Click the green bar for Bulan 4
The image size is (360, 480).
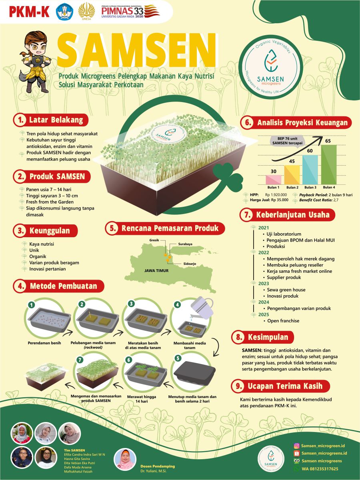coord(329,164)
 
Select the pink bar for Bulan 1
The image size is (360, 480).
coord(274,180)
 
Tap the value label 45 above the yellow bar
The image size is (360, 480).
coord(292,161)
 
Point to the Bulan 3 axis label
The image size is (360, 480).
coord(310,188)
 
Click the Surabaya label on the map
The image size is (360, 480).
coord(185,244)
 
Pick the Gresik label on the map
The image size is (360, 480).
coord(154,240)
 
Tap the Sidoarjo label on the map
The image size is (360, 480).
coord(190,264)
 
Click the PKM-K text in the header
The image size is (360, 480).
coord(29,12)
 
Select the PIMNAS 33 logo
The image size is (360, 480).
coord(130,11)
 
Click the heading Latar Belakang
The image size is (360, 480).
coord(56,120)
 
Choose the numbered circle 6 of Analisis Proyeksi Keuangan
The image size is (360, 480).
coord(248,122)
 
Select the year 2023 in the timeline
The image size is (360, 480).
coord(264,284)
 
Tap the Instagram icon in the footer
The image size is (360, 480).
coord(296,446)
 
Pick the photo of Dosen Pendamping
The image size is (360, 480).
coord(125,460)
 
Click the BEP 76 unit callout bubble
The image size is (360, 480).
coord(287,141)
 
